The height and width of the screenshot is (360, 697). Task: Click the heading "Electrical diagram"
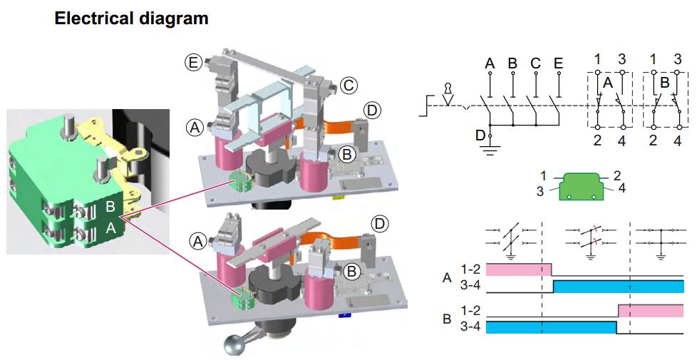tap(131, 19)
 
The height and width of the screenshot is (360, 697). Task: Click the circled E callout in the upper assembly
tap(192, 63)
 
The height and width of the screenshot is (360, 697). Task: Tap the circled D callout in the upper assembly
tap(372, 110)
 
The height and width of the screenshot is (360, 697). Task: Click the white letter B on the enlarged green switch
tap(111, 206)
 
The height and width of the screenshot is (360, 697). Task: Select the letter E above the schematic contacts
tap(558, 64)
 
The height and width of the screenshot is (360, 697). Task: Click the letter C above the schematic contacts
tap(535, 64)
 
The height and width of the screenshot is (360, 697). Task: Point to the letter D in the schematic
tap(480, 135)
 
